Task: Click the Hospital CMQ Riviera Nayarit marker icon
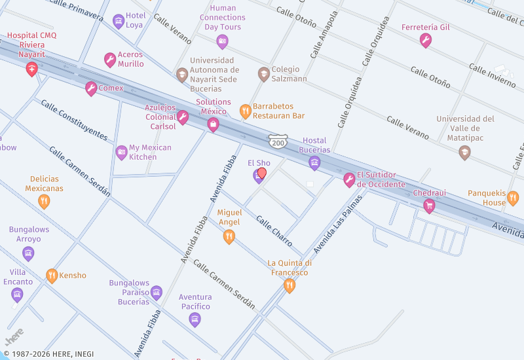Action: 31,69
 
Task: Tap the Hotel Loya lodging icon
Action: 118,21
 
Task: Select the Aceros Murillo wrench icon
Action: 110,60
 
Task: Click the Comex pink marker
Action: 91,88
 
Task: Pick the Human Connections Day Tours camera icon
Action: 222,42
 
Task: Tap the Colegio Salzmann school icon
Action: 263,73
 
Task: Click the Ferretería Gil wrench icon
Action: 426,41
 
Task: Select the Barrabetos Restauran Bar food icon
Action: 245,111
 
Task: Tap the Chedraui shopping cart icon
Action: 429,206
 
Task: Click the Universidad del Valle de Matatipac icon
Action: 464,153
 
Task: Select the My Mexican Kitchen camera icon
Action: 121,153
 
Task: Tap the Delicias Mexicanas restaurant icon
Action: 45,201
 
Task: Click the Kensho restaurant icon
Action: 52,276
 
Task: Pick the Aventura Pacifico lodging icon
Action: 195,319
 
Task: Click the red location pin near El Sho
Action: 262,173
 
